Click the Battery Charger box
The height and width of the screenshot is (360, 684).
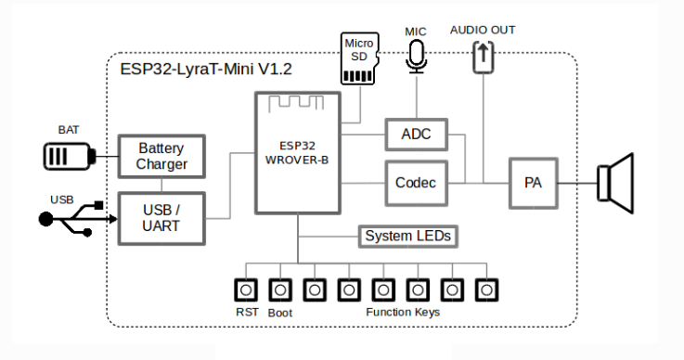(161, 156)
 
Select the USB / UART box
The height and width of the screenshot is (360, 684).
(161, 218)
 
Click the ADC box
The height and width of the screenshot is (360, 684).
(415, 135)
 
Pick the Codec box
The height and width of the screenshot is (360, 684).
(415, 182)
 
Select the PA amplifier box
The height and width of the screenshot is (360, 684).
(533, 182)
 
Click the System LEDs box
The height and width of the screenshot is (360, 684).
(407, 237)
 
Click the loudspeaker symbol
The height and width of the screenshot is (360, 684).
(616, 182)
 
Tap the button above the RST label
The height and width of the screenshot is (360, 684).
(247, 289)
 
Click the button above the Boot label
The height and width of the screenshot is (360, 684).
(280, 289)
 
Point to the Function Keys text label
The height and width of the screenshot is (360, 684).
(402, 313)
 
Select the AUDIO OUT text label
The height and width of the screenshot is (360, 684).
(483, 30)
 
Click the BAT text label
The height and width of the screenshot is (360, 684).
(69, 131)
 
